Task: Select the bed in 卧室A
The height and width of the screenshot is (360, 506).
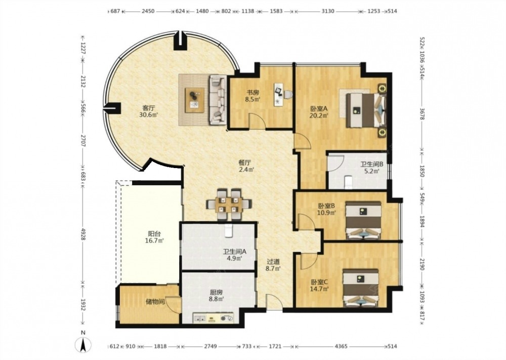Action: pos(366,110)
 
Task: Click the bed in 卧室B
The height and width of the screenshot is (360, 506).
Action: pos(363,221)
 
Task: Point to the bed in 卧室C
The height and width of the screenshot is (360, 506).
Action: pos(360,288)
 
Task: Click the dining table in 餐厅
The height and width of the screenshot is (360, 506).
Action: pos(229,205)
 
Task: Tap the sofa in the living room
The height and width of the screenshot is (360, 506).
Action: pos(218,100)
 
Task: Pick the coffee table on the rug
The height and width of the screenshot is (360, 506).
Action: pos(195,100)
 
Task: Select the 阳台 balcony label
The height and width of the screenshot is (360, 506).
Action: pos(154,234)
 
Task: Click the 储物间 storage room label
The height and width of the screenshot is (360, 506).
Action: pos(155,302)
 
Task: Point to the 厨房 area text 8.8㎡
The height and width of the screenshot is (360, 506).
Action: pos(217,299)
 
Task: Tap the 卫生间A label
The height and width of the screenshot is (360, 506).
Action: pos(235,252)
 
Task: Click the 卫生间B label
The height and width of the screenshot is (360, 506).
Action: pos(372,164)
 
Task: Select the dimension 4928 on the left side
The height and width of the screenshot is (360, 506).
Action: pos(83,234)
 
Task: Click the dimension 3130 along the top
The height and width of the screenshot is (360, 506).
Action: pos(327,11)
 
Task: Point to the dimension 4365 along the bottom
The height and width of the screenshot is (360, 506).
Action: pos(341,346)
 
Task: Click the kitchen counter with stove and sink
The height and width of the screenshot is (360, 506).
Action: pos(213,318)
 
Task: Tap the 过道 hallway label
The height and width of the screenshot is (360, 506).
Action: pos(273,262)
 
